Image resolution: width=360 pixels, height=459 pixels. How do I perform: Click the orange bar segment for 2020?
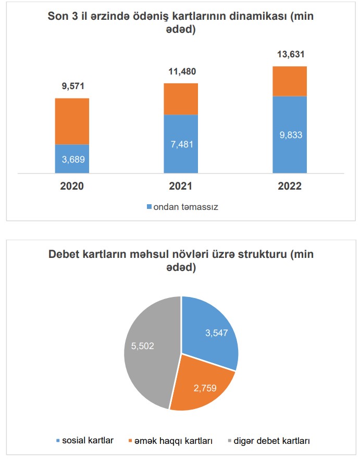point(72,121)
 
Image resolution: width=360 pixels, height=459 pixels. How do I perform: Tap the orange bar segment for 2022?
point(290,81)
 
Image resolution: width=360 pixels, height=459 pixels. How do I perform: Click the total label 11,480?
point(181,72)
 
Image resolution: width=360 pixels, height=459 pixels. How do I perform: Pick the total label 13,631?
point(290,54)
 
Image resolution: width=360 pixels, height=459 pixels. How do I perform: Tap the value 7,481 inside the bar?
point(181,144)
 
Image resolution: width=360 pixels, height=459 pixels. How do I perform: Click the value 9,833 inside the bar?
point(290,134)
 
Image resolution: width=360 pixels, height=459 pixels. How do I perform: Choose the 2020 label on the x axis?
point(72,186)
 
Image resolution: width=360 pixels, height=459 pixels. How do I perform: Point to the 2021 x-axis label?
point(181,186)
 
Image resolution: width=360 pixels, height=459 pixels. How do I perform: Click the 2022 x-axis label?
point(290,186)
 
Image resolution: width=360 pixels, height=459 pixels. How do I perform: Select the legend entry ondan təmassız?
point(185,207)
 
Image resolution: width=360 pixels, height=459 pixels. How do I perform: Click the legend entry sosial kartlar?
point(88,441)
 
